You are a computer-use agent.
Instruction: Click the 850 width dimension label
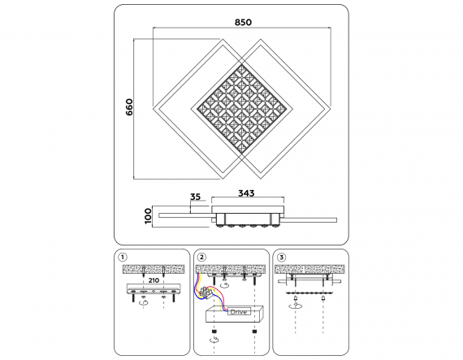[x=243, y=22]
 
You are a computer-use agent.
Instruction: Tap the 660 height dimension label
[x=129, y=107]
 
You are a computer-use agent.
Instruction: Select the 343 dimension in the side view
[x=246, y=193]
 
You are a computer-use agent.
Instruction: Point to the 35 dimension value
[x=195, y=197]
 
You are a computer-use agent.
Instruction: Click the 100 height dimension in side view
[x=148, y=216]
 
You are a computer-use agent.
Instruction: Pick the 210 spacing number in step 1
[x=154, y=280]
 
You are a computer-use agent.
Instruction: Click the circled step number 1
[x=122, y=257]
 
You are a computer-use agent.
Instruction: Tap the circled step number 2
[x=201, y=257]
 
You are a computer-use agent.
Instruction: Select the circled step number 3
[x=281, y=258]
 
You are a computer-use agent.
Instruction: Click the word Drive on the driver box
[x=239, y=312]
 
